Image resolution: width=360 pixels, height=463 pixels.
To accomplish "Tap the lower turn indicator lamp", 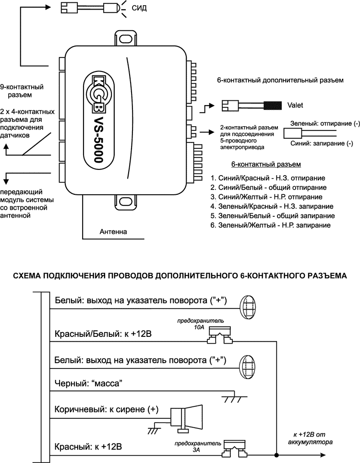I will point(248,367).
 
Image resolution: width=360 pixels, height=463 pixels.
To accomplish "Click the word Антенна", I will point(113,232).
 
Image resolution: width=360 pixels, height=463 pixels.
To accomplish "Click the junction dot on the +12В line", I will point(276,454).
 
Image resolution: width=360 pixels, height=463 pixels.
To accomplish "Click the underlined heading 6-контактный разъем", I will point(266,165).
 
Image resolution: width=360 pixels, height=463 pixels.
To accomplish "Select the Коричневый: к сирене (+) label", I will point(107,410).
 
